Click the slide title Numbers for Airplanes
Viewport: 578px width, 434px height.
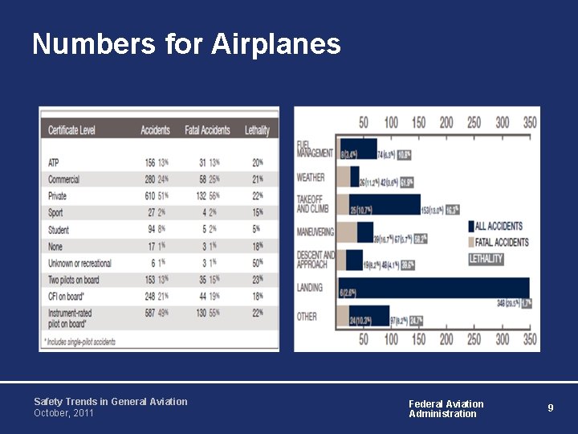pyautogui.click(x=186, y=44)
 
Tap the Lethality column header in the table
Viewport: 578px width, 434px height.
pyautogui.click(x=257, y=129)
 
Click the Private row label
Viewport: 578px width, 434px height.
pyautogui.click(x=57, y=196)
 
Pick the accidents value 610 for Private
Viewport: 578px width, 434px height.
pyautogui.click(x=149, y=196)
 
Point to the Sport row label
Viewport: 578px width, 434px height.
pyautogui.click(x=55, y=213)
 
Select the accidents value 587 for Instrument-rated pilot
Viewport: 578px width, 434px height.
pyautogui.click(x=149, y=313)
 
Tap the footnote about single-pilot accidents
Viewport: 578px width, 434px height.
pyautogui.click(x=81, y=342)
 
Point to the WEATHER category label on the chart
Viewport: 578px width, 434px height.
pyautogui.click(x=311, y=177)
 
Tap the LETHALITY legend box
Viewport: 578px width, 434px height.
pyautogui.click(x=486, y=259)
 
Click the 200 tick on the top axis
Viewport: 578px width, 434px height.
pyautogui.click(x=446, y=122)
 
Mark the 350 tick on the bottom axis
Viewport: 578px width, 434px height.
pyautogui.click(x=530, y=340)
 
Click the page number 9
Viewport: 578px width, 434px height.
pyautogui.click(x=551, y=407)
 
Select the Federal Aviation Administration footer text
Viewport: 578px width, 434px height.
pyautogui.click(x=446, y=408)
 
